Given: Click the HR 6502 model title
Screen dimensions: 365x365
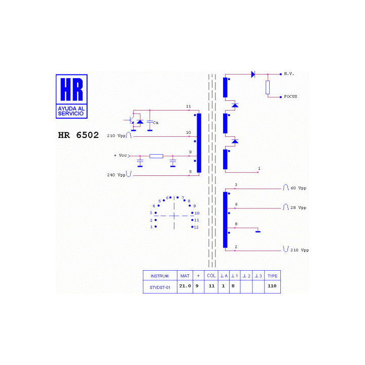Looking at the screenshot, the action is [78, 135].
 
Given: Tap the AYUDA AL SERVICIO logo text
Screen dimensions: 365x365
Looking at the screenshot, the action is [71, 111].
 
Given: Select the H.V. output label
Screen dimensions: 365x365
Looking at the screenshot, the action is [289, 74].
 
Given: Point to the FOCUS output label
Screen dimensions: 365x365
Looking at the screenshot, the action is [290, 96].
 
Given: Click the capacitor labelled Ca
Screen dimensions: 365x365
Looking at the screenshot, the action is [150, 122].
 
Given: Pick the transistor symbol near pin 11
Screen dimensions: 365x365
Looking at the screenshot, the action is [130, 120].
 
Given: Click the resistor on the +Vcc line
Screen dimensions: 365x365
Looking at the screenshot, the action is [156, 156].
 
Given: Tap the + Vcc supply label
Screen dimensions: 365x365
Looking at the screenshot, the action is [120, 155].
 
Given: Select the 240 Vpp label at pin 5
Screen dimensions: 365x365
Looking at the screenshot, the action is [116, 175].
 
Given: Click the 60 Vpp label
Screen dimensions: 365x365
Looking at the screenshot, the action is [299, 188].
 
